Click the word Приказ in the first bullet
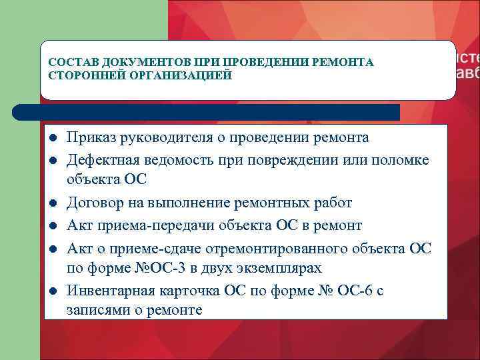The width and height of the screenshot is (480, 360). tap(91, 138)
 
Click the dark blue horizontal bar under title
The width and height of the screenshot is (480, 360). tap(207, 112)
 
